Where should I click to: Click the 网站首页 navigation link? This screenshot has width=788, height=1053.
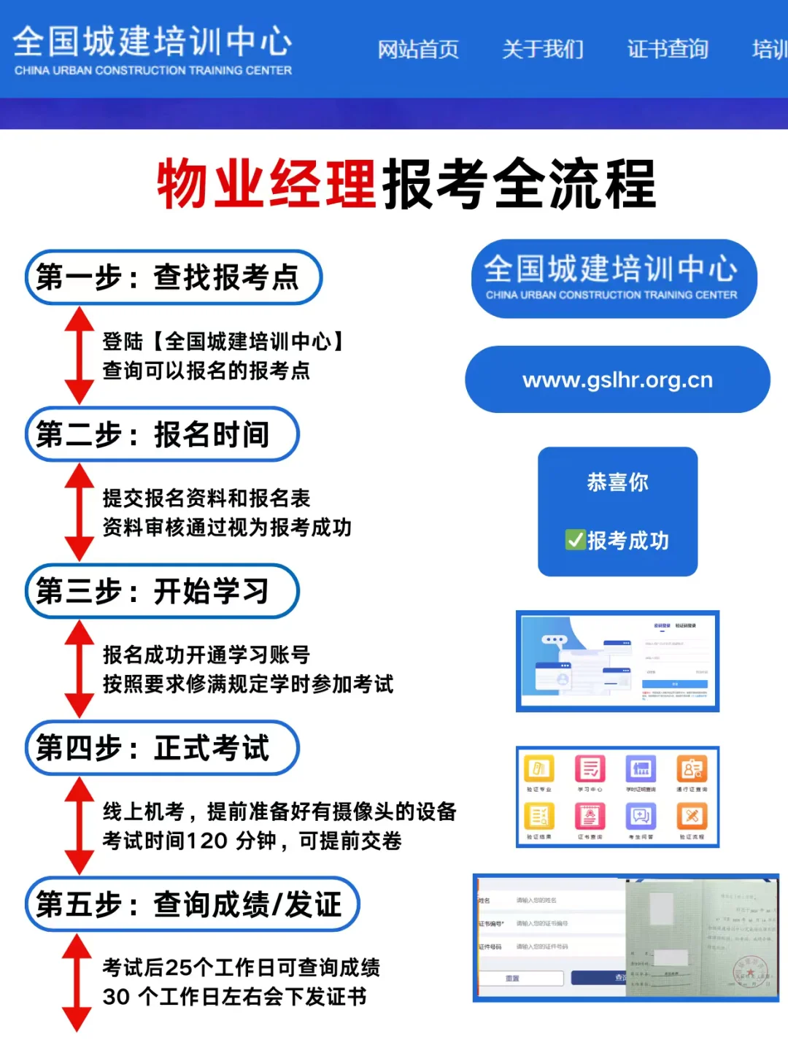click(418, 50)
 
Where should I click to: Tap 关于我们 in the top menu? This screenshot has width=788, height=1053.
click(543, 50)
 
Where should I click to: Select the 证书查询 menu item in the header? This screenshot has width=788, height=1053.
click(668, 50)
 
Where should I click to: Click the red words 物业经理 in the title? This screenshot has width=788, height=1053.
click(266, 184)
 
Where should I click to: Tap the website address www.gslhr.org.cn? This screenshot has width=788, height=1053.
click(617, 380)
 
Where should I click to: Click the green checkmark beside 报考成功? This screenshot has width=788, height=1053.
click(575, 540)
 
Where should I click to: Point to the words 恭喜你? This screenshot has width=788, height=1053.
click(617, 482)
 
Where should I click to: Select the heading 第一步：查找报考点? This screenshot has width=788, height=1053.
click(174, 277)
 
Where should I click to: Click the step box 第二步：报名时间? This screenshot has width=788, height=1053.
click(162, 434)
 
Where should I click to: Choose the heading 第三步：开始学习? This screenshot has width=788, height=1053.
click(162, 591)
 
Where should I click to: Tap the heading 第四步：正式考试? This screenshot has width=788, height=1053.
click(162, 748)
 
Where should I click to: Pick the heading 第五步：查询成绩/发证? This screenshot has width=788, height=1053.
click(193, 905)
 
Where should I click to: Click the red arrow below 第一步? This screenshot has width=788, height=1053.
click(79, 355)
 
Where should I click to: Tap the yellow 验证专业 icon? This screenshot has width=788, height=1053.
click(539, 769)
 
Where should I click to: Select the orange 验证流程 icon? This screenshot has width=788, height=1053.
click(692, 816)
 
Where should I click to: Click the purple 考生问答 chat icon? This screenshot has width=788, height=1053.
click(641, 816)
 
